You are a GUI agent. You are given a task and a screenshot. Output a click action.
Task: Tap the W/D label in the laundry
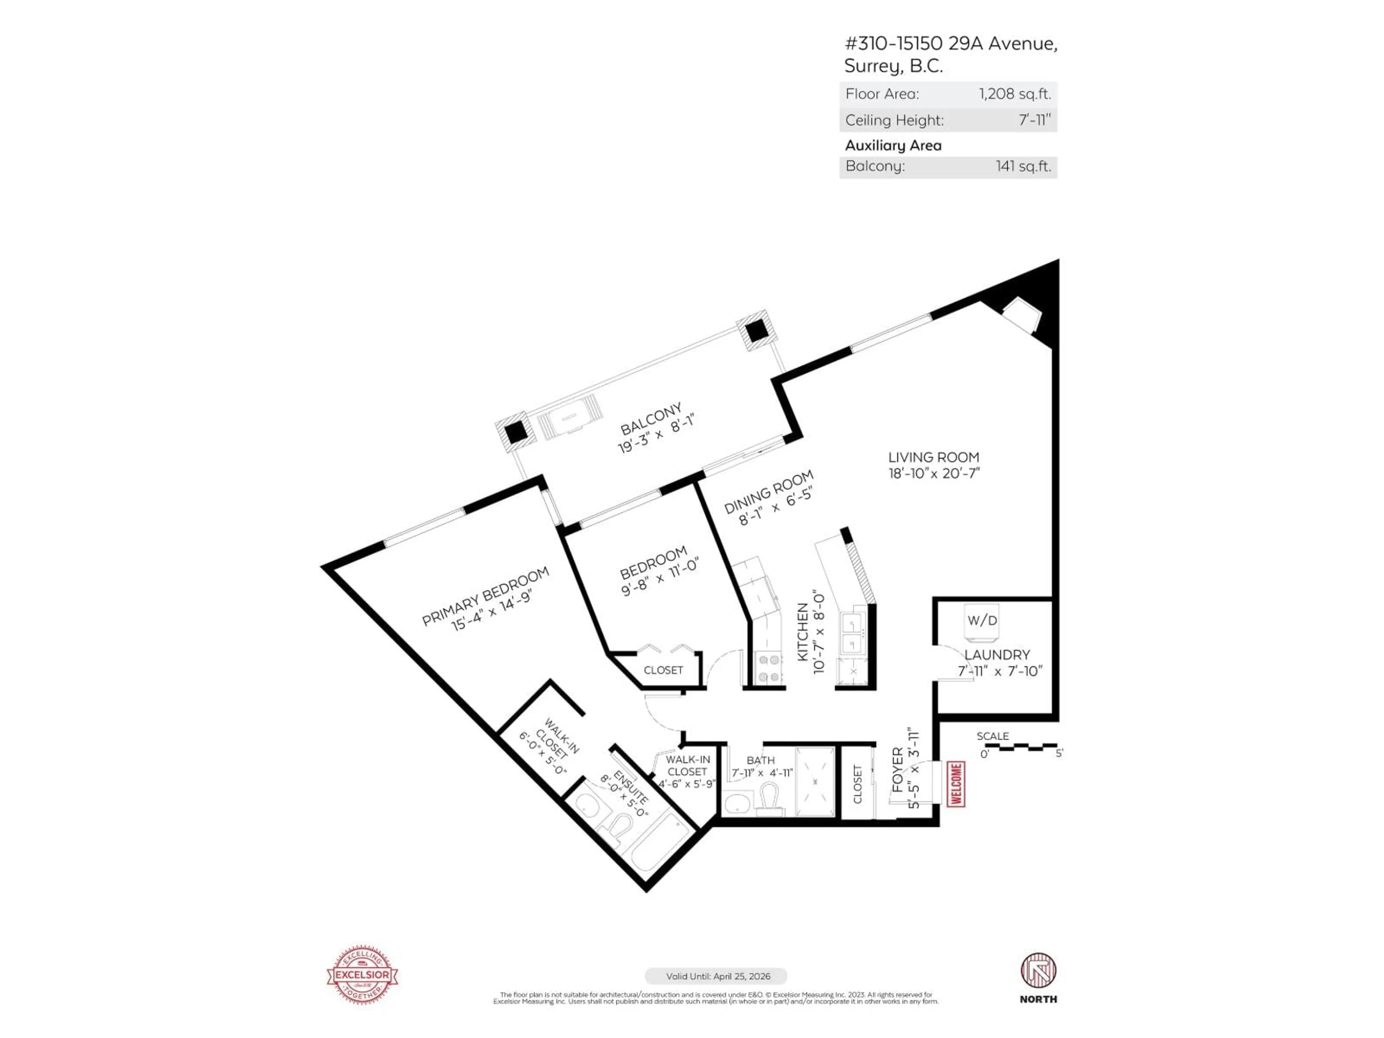coord(982,620)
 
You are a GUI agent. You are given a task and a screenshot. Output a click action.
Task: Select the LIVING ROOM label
coord(933,457)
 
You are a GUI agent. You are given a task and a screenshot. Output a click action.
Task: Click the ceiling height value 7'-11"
coord(1034,120)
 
